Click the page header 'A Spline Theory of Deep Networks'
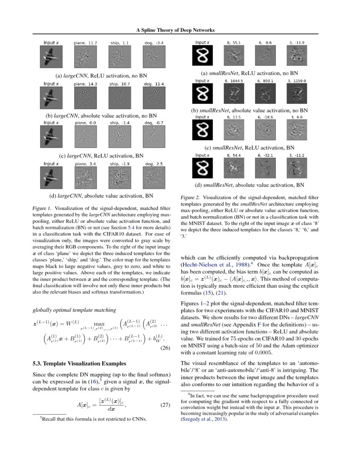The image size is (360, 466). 175,30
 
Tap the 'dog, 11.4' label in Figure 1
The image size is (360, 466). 154,84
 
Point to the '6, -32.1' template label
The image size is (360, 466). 266,155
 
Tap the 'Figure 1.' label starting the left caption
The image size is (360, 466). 42,208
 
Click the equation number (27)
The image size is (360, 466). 165,405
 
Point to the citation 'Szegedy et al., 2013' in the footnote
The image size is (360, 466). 205,419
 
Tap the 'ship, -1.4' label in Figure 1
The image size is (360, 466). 120,123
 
